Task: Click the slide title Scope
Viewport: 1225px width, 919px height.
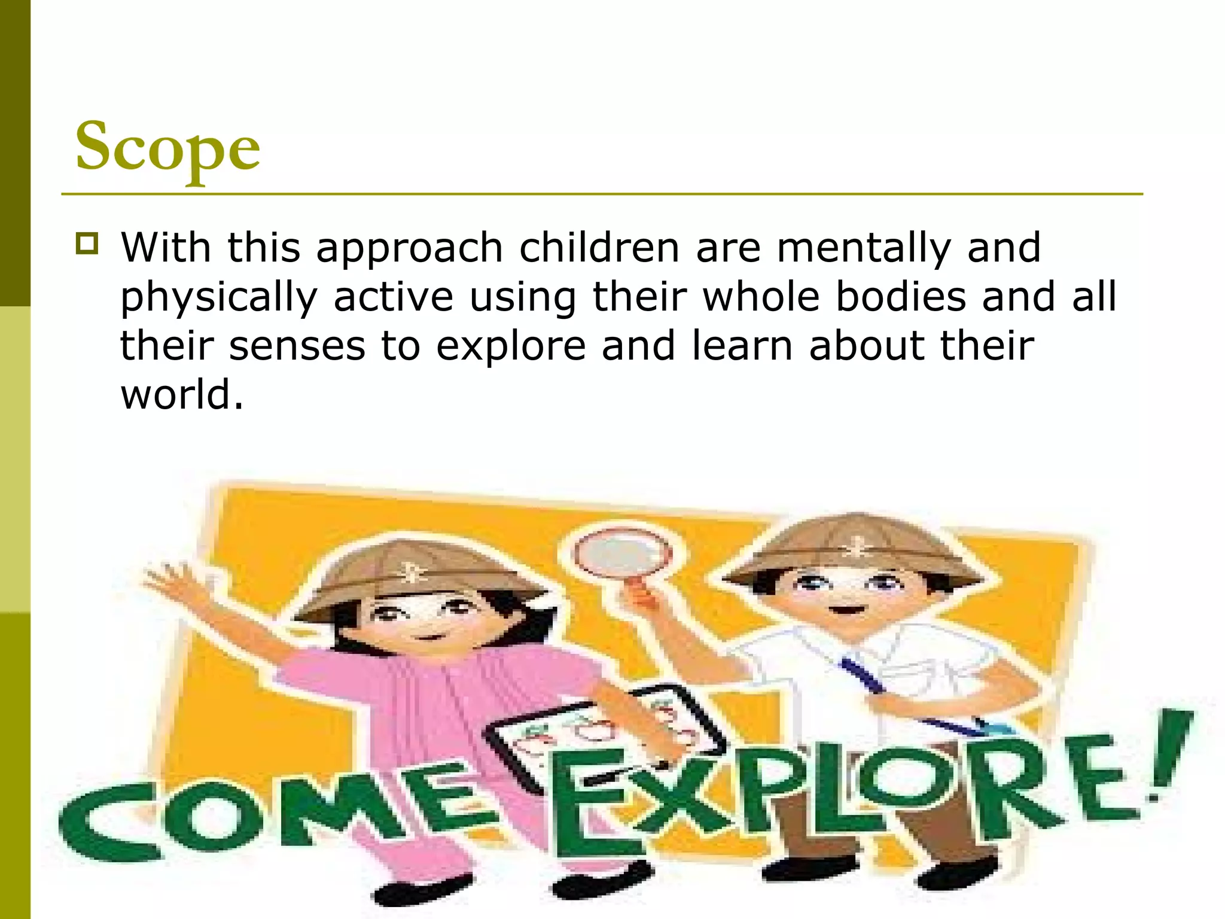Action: tap(167, 147)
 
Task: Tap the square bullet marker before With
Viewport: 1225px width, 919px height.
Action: tap(87, 244)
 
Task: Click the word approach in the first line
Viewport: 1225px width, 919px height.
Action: tap(410, 248)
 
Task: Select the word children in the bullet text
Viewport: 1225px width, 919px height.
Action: tap(599, 247)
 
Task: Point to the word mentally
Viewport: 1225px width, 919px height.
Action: tap(864, 248)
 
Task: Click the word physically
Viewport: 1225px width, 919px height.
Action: tap(219, 298)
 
